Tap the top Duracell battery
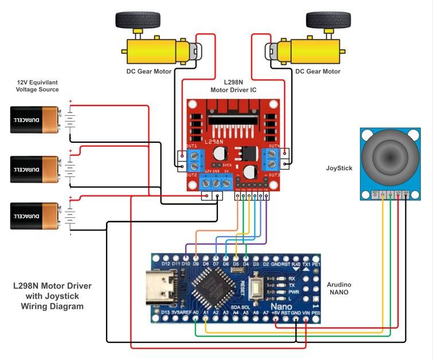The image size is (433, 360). [x=34, y=119]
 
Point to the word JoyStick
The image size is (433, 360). [x=338, y=169]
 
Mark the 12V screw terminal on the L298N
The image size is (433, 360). [x=206, y=183]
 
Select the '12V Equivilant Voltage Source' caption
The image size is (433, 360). [x=37, y=86]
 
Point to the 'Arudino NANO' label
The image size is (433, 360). [x=343, y=289]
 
